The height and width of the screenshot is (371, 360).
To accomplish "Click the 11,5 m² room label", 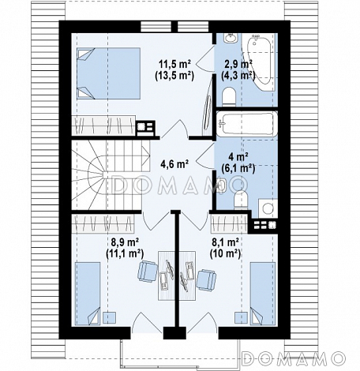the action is [x=174, y=64].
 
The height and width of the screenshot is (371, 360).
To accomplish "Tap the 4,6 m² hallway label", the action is [x=174, y=164].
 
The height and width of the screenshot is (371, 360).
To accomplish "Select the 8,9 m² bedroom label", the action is [x=125, y=242].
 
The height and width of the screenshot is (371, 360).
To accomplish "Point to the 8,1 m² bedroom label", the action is [x=225, y=242].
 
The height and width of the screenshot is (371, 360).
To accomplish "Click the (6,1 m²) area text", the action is [x=238, y=168].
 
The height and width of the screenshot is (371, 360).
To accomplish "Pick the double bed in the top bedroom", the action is [x=108, y=73].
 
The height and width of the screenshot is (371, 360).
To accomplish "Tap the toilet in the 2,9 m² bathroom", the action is [x=229, y=96].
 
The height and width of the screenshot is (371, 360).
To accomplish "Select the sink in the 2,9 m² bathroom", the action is [x=231, y=38].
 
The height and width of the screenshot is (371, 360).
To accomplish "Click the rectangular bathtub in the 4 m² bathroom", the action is [x=246, y=124].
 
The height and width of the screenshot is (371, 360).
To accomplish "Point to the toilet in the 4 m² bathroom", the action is [x=241, y=200].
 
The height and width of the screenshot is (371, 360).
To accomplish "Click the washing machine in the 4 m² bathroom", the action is [x=268, y=208].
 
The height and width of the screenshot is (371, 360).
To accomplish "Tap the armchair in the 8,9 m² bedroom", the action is [x=148, y=272].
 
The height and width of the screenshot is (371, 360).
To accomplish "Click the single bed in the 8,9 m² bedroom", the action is [x=88, y=294].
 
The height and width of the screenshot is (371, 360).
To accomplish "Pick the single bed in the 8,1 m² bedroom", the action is [x=263, y=294].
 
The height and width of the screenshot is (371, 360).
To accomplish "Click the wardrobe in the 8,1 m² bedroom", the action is [x=229, y=224].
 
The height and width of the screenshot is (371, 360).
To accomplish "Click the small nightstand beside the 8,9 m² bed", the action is [x=109, y=317].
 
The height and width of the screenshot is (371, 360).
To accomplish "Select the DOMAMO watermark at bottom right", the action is [x=294, y=358].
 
